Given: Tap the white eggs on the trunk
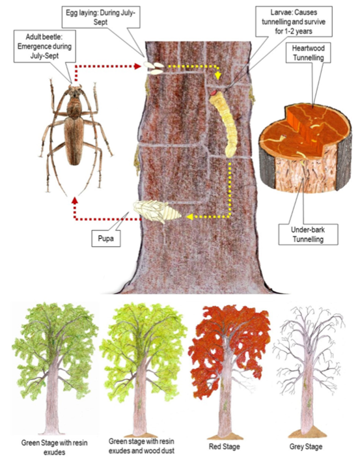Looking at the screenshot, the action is pos(154,68).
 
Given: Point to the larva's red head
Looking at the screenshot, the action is pos(214,93).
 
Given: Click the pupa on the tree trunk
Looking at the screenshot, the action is pos(157,212).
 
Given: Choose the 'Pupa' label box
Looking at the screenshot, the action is pos(106,238).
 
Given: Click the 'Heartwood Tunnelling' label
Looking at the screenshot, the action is pos(308,53).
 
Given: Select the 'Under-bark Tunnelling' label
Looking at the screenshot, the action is pos(308,234).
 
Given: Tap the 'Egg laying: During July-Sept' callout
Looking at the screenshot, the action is pos(101,18).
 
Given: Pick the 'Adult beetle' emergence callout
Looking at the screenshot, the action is pos(45,46).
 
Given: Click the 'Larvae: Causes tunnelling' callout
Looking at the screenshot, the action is pos(294,21).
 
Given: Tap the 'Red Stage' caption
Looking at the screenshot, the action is pos(224,447).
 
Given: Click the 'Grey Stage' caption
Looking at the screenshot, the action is pos(306,447).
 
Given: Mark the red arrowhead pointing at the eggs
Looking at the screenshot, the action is pos(137,66).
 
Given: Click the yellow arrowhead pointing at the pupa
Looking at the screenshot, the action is pos(189,217).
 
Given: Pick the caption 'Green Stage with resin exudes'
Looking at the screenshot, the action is pos(55,447).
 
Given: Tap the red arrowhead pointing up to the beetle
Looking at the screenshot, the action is pos(75,200).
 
